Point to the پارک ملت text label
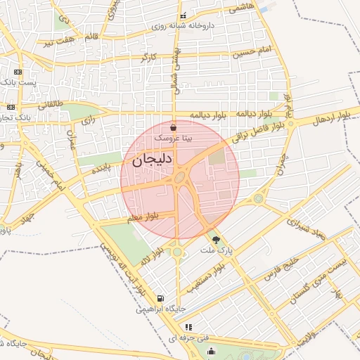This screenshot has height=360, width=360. pyautogui.click(x=215, y=250)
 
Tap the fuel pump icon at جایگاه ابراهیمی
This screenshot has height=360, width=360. pyautogui.click(x=162, y=298)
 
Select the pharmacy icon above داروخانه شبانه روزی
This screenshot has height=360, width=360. pyautogui.click(x=184, y=15)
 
